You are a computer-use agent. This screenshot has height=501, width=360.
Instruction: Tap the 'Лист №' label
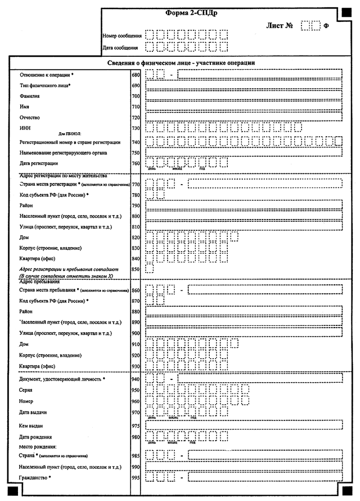(280, 25)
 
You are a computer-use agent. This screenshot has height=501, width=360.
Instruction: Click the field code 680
(135, 74)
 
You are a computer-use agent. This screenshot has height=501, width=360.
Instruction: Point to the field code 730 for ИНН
(135, 129)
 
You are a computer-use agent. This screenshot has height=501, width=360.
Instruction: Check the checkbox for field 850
(149, 269)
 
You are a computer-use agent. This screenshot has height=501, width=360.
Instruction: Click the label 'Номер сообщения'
(122, 36)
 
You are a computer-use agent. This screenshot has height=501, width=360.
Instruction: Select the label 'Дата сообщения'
(121, 47)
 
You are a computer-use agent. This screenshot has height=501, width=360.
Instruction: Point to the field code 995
(135, 477)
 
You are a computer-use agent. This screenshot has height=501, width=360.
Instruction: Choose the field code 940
(135, 378)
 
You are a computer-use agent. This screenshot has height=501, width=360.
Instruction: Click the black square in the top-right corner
(345, 11)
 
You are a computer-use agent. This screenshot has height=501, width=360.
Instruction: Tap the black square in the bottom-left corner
(13, 492)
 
